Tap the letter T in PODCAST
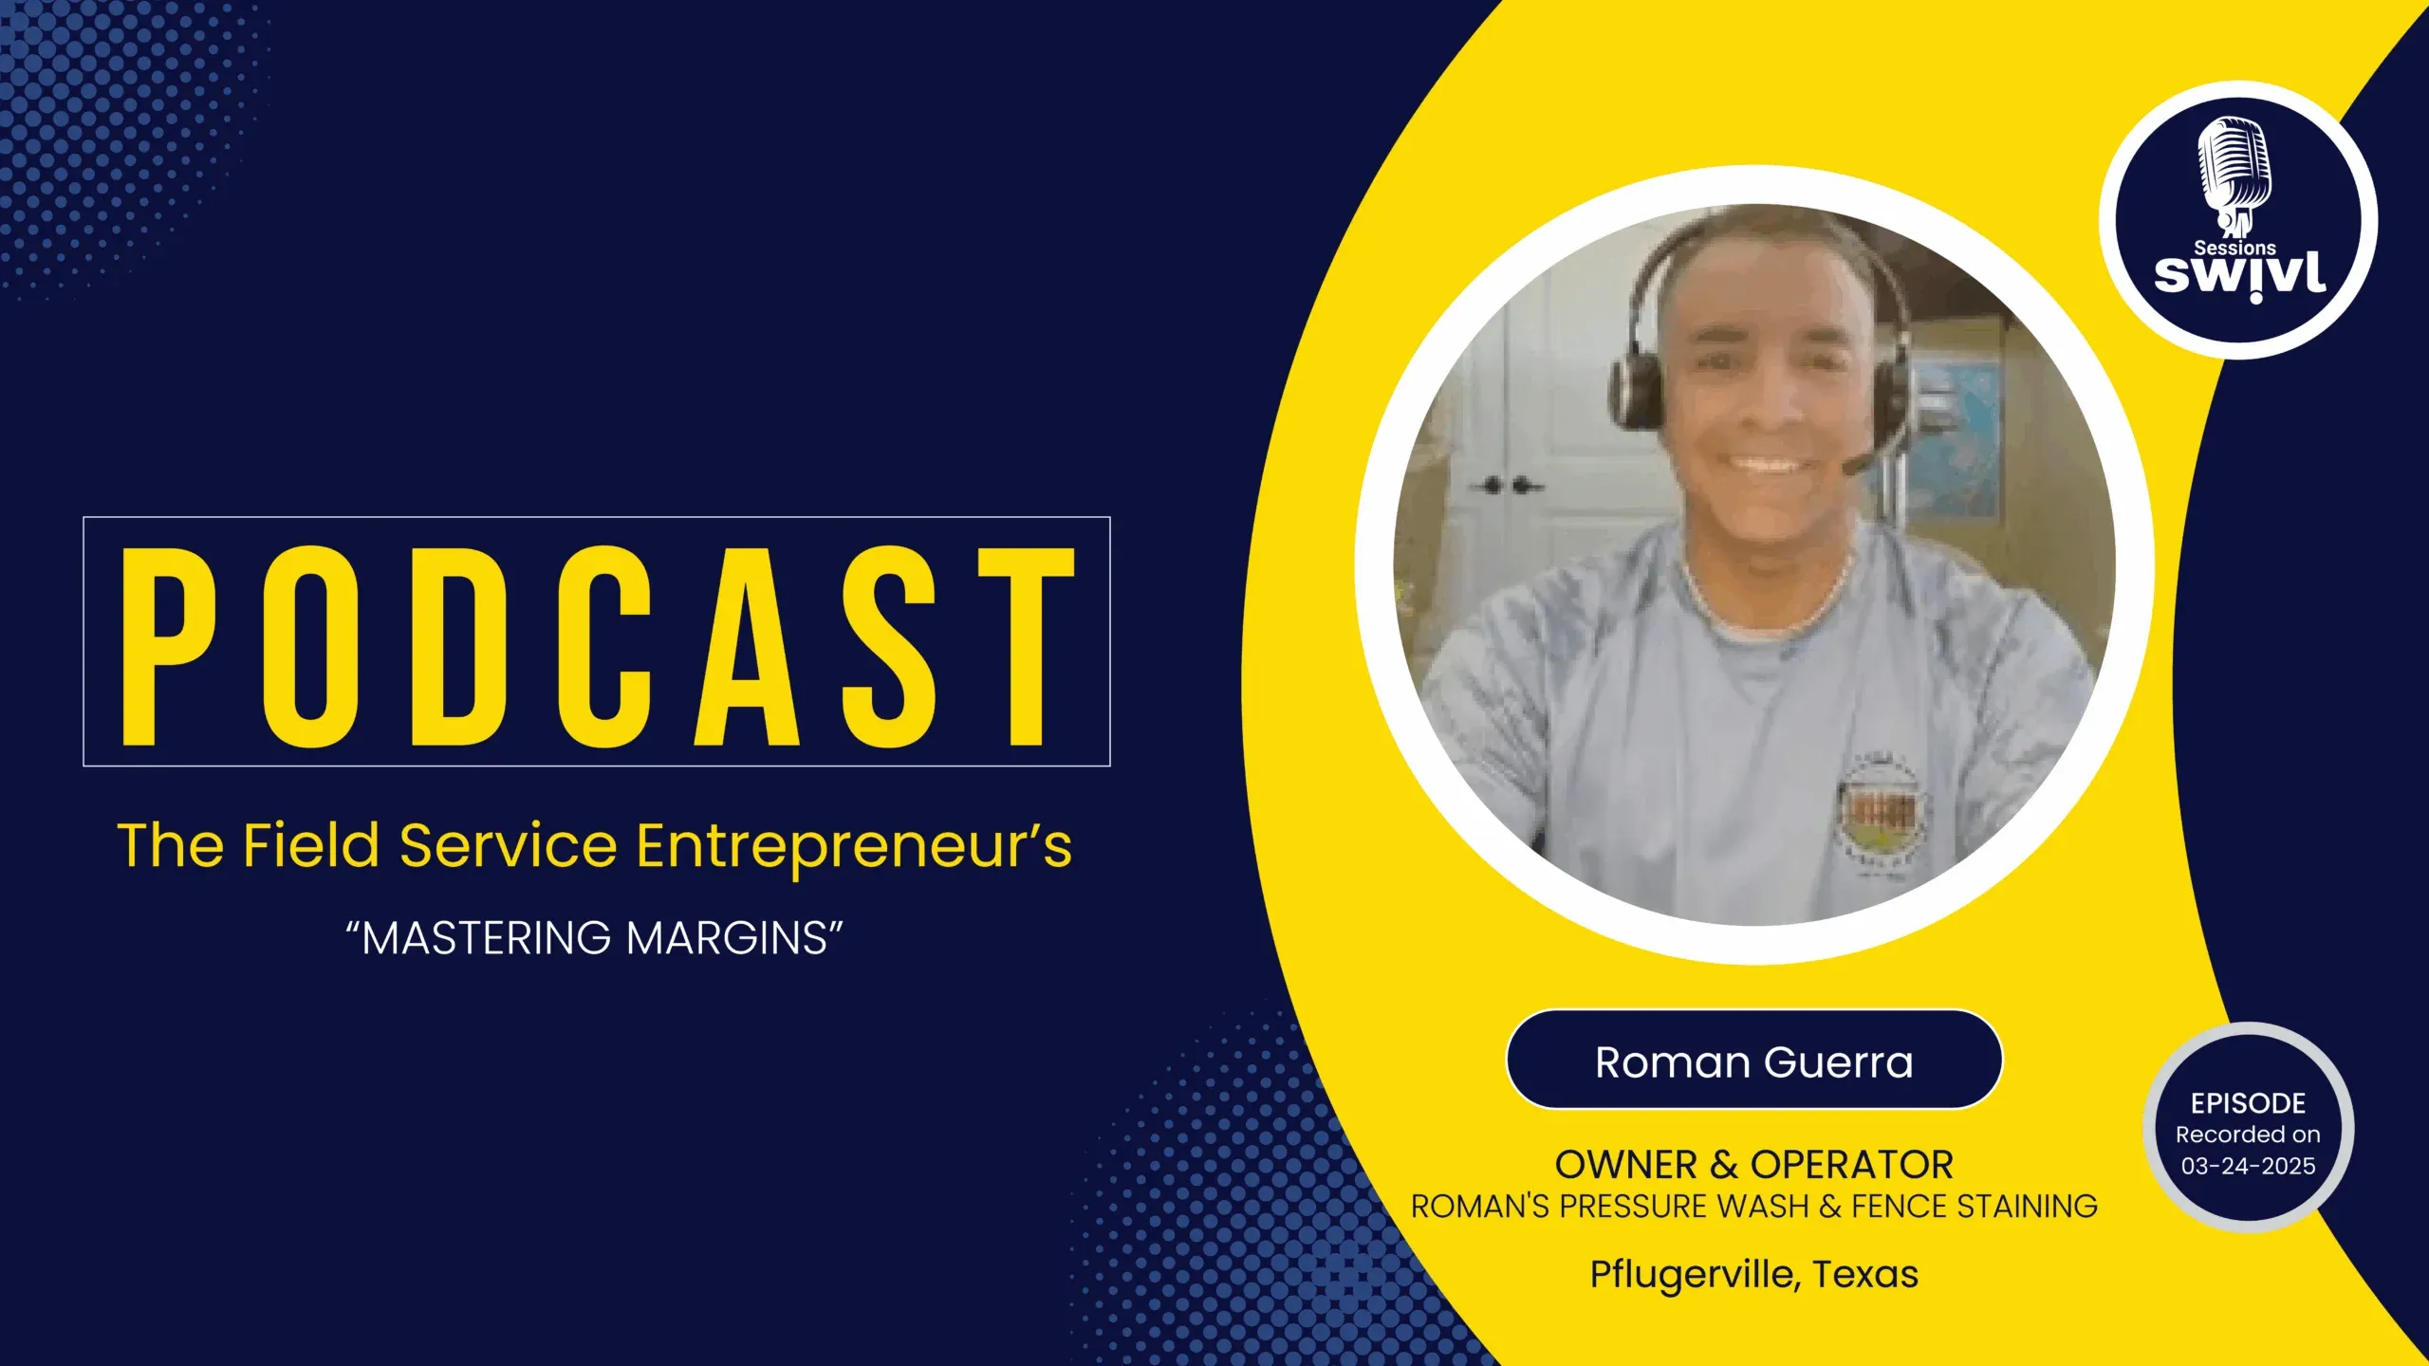[1027, 646]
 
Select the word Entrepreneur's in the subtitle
[854, 847]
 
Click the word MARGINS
[728, 938]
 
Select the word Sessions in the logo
[2234, 248]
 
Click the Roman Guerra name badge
[1753, 1060]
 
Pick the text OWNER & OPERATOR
[1753, 1164]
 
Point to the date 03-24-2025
[2248, 1166]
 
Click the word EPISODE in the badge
[2248, 1103]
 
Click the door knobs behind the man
[1509, 486]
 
